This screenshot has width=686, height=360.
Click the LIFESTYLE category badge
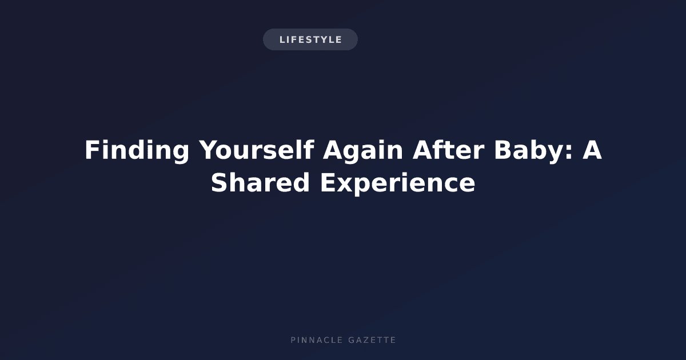(310, 39)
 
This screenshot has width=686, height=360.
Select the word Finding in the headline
(137, 151)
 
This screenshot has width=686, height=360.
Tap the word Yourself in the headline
(257, 150)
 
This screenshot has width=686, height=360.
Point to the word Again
(363, 151)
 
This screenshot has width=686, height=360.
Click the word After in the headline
(449, 150)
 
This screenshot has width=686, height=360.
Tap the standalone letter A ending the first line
(592, 150)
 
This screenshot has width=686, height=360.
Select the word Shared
(260, 182)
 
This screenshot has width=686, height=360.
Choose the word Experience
(397, 183)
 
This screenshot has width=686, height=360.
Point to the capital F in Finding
(92, 150)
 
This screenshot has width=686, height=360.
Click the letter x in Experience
(345, 185)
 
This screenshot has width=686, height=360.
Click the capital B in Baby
(504, 150)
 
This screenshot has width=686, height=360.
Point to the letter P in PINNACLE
(293, 340)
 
